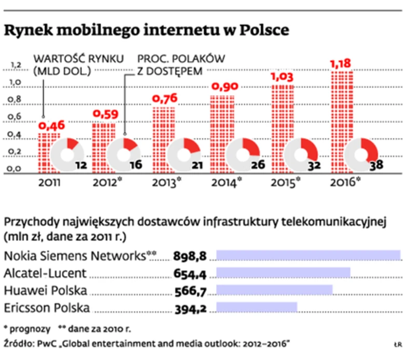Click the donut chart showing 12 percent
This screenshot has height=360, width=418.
click(68, 154)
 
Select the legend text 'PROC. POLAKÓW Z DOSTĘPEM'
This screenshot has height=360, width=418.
click(180, 64)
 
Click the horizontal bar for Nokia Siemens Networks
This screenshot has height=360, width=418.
click(308, 255)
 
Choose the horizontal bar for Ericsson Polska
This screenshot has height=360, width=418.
click(256, 308)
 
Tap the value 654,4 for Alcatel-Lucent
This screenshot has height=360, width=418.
click(192, 273)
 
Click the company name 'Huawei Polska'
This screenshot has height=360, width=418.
click(45, 290)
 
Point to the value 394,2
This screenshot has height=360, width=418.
click(192, 309)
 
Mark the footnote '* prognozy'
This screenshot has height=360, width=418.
click(27, 329)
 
